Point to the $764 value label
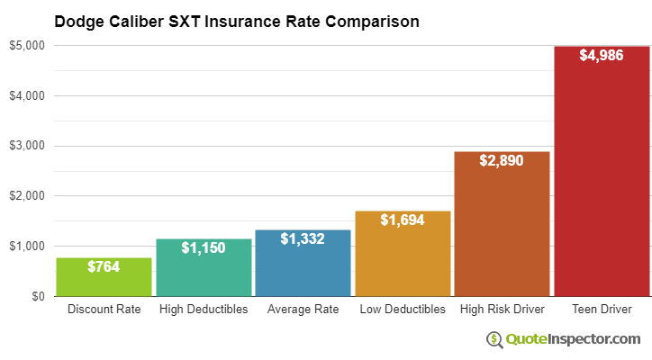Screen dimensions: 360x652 pos(104,266)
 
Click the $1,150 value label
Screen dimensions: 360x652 pos(204,247)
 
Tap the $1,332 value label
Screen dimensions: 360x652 pos(303,238)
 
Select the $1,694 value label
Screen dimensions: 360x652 pos(403,220)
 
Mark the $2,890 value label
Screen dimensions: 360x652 pos(502,160)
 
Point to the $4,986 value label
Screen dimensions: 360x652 pos(602,55)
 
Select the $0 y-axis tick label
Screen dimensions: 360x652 pos(38,296)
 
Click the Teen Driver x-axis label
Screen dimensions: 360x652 pos(602,310)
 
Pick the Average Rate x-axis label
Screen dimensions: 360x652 pos(303,310)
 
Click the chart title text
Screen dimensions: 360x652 pos(237,21)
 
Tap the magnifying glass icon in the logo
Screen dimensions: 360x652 pos(494,339)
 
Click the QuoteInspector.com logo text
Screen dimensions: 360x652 pos(572,338)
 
